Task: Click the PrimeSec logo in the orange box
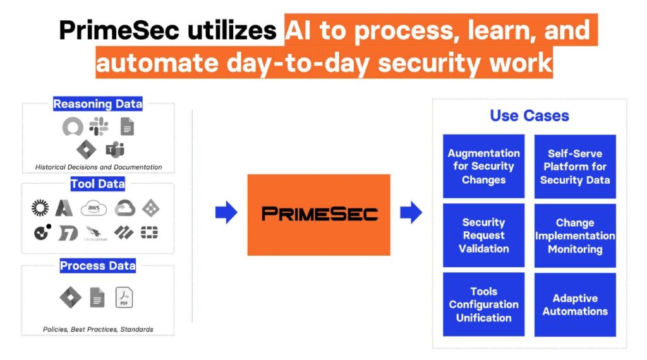pos(319,214)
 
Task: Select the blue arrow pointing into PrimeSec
pos(226,213)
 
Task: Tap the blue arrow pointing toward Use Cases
pos(411,213)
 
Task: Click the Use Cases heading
pos(529,116)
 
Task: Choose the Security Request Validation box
pos(483,236)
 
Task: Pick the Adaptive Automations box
pos(575,304)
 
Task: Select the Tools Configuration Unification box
pos(483,304)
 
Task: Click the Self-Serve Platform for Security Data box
pos(575,167)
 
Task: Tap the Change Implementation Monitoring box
pos(575,236)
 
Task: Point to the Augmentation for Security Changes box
pos(483,167)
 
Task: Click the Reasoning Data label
pos(97,104)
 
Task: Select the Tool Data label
pos(97,184)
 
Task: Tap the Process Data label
pos(97,266)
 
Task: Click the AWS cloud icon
pos(94,208)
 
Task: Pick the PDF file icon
pos(124,297)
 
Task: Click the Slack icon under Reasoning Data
pos(99,127)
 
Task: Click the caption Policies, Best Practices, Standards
pos(98,329)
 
